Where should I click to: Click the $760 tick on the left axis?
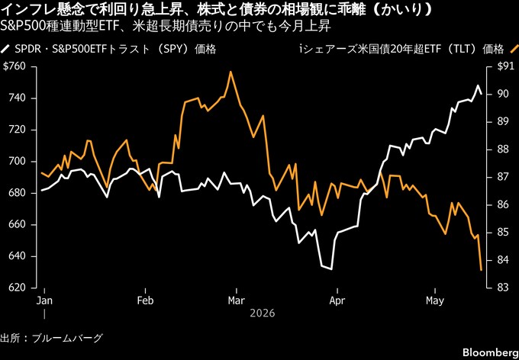14,67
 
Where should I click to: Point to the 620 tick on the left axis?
16,288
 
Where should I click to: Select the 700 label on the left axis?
16,162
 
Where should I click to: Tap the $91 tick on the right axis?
504,67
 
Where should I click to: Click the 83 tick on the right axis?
501,288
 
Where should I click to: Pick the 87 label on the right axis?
501,178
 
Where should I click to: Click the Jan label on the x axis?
44,301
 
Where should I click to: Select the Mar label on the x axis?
237,301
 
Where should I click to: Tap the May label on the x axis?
435,301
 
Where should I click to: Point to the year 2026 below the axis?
263,313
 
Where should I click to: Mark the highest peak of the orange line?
230,72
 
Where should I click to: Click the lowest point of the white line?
331,269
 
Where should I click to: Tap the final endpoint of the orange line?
481,270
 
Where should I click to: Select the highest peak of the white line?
478,85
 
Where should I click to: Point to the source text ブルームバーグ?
67,338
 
